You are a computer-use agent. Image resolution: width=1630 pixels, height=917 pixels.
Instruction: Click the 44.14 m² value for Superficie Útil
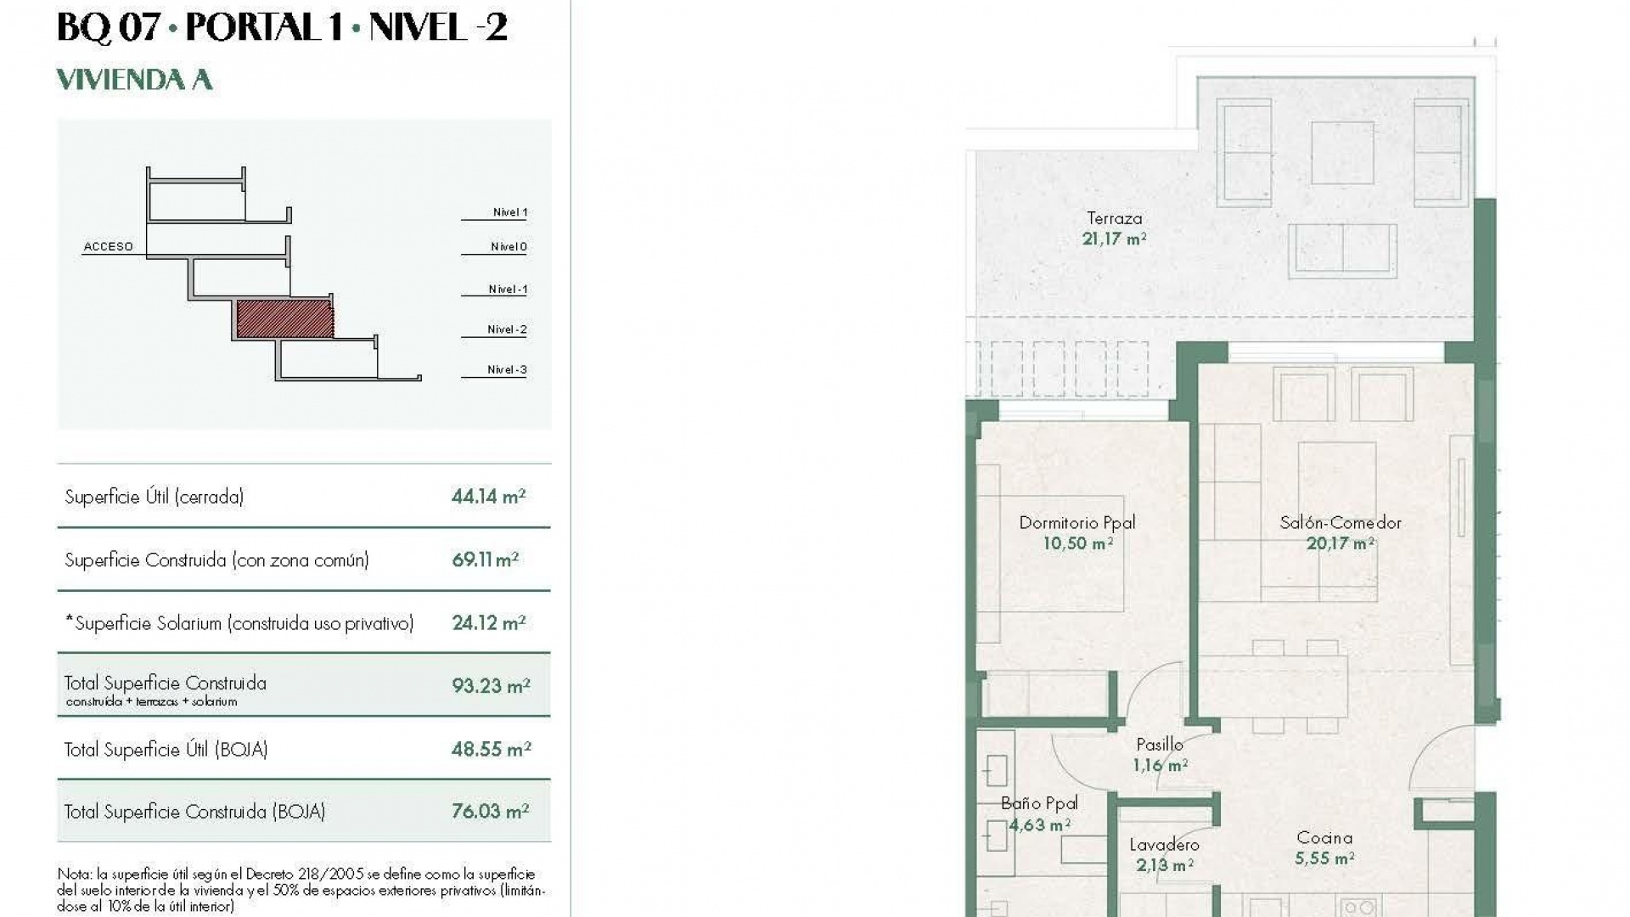(488, 497)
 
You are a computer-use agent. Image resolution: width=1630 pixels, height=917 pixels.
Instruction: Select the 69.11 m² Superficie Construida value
(485, 560)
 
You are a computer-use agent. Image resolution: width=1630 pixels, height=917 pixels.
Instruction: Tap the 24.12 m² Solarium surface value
(488, 623)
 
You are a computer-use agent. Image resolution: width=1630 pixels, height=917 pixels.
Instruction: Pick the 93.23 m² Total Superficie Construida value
(490, 686)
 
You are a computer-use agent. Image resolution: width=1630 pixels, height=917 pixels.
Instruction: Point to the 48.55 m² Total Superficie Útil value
(491, 750)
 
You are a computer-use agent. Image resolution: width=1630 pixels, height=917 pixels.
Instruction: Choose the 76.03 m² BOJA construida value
(490, 812)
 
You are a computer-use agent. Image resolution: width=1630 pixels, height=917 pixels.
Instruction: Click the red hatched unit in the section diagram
(284, 319)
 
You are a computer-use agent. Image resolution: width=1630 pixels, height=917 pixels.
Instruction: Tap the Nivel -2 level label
(507, 329)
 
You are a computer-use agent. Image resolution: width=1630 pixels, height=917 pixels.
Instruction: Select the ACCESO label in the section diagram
(108, 247)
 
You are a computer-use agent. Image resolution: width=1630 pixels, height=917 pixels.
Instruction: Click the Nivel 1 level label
(509, 212)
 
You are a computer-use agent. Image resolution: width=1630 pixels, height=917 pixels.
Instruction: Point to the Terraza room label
(1114, 219)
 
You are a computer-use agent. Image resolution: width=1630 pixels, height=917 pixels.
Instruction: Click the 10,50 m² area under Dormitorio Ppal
(1077, 543)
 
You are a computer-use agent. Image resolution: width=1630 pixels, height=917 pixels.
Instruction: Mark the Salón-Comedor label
(1340, 523)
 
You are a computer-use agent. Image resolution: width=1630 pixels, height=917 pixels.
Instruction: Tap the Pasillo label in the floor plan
(1159, 745)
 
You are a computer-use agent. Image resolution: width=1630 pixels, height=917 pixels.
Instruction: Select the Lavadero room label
(1164, 845)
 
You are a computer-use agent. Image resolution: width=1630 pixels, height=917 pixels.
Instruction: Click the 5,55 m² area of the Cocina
(1324, 858)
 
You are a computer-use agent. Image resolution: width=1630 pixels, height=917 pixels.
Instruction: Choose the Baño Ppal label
(1039, 803)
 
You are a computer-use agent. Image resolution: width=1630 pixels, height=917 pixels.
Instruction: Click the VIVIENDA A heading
(134, 80)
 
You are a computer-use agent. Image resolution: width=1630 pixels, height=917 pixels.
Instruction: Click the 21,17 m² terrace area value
(1114, 239)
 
